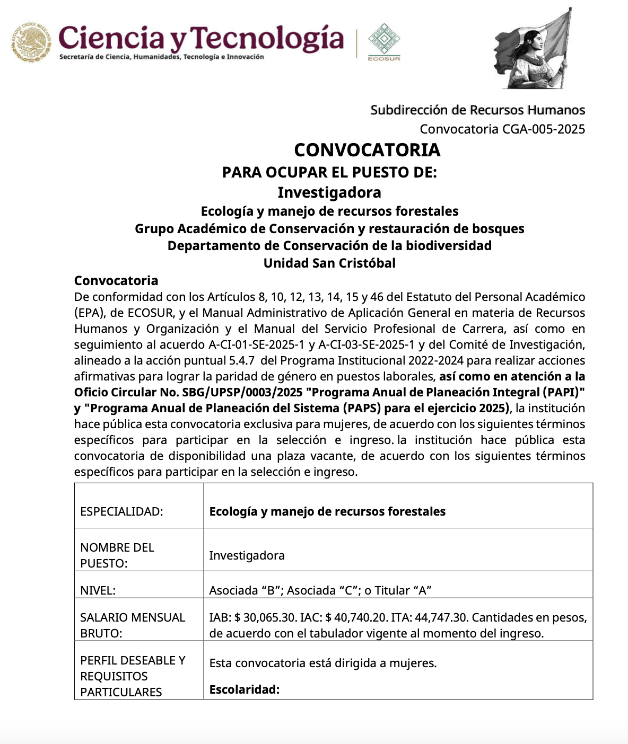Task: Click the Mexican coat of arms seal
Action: click(x=32, y=42)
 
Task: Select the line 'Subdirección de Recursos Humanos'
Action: click(x=477, y=110)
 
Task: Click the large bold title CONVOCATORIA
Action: click(x=367, y=150)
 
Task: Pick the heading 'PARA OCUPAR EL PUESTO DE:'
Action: click(x=329, y=172)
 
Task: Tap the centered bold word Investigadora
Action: click(x=329, y=192)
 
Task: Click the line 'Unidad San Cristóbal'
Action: click(x=329, y=263)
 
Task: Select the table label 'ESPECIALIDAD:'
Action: click(x=121, y=511)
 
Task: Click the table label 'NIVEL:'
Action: click(x=98, y=590)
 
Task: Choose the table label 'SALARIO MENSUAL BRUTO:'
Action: click(x=133, y=625)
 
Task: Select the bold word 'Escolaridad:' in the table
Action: click(x=244, y=689)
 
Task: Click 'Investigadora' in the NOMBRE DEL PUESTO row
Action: click(x=247, y=555)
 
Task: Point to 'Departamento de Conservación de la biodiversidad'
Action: click(x=329, y=246)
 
